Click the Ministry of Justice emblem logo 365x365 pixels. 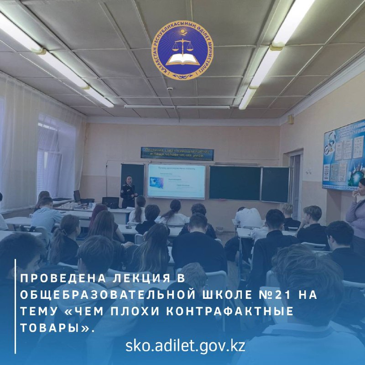[183, 46]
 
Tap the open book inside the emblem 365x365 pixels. [183, 58]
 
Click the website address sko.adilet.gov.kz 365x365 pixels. [185, 346]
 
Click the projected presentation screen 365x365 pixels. [176, 181]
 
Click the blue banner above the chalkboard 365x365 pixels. [177, 153]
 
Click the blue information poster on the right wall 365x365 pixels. [344, 155]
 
